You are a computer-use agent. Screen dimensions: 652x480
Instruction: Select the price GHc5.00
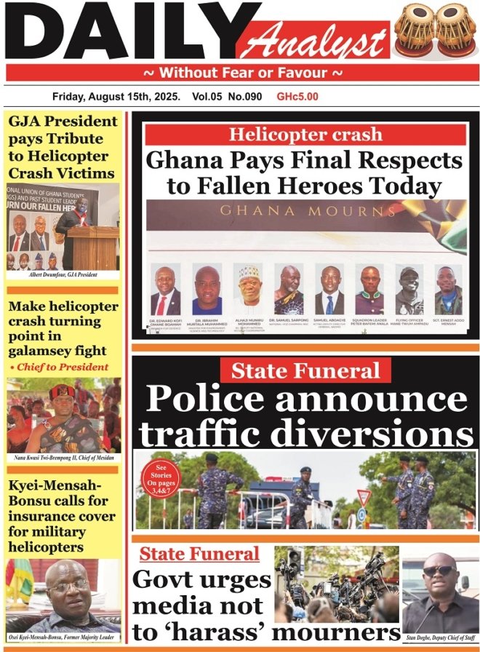click(297, 96)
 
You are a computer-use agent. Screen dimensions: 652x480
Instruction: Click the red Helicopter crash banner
click(305, 135)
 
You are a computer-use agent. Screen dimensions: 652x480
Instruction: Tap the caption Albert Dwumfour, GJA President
click(63, 275)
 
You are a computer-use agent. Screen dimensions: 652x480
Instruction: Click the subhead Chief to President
click(61, 367)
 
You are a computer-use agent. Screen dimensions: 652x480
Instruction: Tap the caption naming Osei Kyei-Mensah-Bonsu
click(63, 638)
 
